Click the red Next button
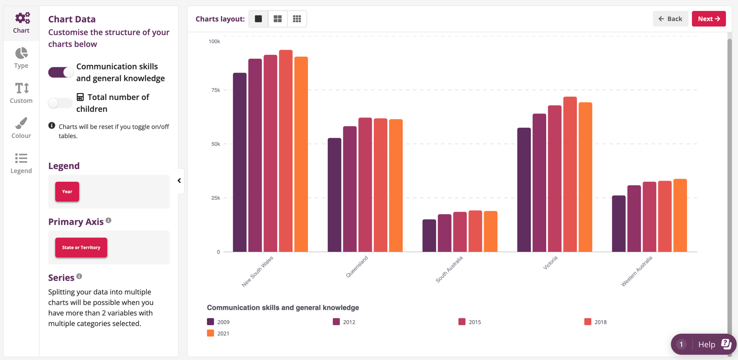708,19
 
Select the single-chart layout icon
258,19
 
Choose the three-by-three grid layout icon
297,19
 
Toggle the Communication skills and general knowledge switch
60,72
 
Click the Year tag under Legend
67,191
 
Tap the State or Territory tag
81,248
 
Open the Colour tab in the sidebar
21,128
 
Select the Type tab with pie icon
21,58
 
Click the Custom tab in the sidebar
21,93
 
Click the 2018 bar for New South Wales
286,151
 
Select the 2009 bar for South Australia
429,236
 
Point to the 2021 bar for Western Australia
680,215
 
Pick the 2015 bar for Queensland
365,185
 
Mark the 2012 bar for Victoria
539,183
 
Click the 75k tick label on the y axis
215,90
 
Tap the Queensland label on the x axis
357,267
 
